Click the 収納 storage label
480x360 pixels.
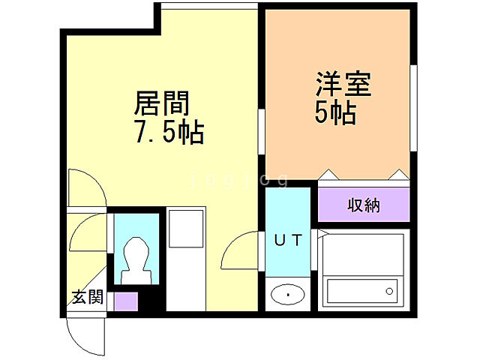click(364, 205)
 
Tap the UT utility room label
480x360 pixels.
click(287, 241)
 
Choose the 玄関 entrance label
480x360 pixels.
click(87, 296)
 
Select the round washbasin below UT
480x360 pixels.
click(287, 295)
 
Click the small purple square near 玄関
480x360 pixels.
click(126, 301)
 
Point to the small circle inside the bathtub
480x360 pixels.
click(388, 290)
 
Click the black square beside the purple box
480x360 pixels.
click(150, 301)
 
